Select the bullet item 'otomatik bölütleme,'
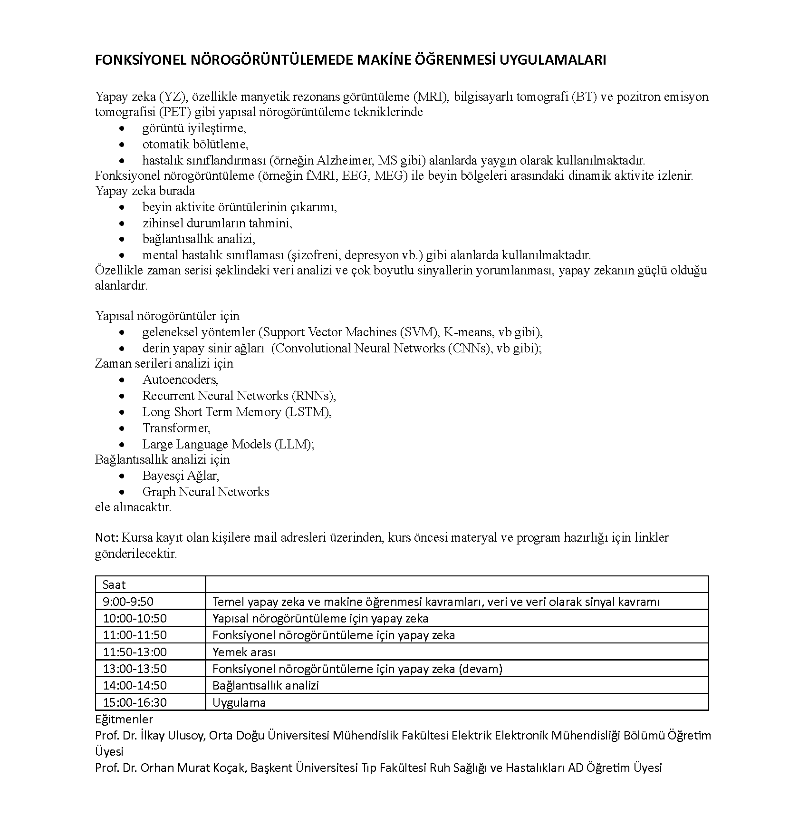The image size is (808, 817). click(195, 144)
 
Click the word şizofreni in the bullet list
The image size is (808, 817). click(315, 255)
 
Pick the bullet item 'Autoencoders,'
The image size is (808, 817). click(181, 379)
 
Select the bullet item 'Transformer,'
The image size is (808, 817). click(176, 428)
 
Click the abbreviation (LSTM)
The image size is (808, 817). click(308, 412)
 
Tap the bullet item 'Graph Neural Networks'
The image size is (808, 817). click(206, 492)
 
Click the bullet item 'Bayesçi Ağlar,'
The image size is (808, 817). click(181, 476)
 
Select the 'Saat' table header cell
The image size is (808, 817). click(115, 584)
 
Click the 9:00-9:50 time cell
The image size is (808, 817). click(128, 602)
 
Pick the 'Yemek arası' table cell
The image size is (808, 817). click(244, 652)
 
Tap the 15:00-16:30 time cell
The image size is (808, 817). click(135, 702)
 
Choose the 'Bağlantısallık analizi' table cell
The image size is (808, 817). click(266, 685)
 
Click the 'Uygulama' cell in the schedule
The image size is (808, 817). click(239, 702)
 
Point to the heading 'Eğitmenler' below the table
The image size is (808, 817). click(124, 719)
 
